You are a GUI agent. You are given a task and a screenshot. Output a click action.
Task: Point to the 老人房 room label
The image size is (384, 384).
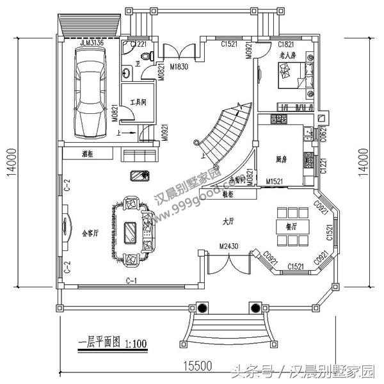click(289, 56)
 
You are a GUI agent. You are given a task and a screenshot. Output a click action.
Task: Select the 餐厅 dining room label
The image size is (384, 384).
click(282, 225)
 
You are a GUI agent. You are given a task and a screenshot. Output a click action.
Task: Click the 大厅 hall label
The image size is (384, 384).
click(228, 221)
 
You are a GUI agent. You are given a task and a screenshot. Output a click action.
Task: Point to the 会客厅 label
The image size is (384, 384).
click(90, 233)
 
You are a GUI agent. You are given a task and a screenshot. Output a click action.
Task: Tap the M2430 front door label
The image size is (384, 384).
click(228, 246)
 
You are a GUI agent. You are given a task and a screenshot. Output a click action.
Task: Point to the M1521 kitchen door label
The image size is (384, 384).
click(275, 182)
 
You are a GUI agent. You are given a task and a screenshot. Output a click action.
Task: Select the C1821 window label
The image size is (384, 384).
click(285, 44)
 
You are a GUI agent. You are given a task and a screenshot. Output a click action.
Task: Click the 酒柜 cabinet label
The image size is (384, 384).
click(88, 154)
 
